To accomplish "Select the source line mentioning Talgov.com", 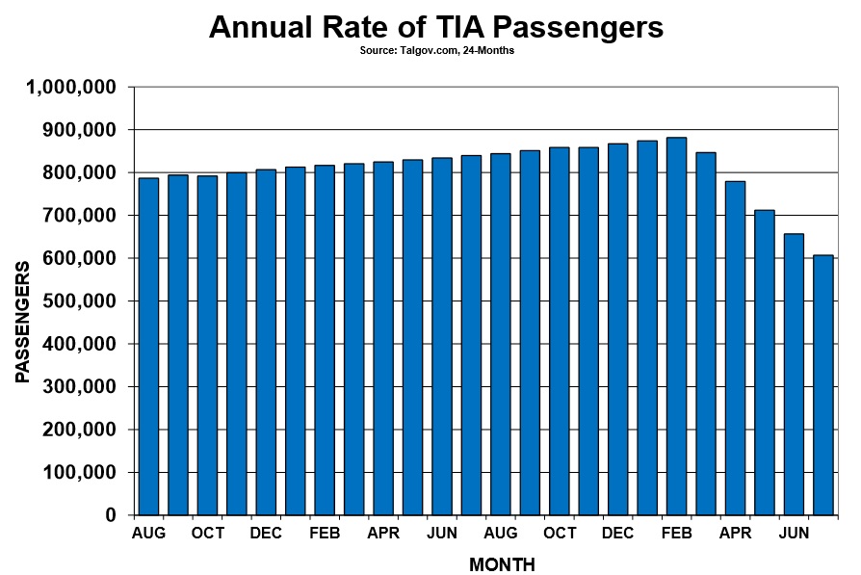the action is tap(437, 50).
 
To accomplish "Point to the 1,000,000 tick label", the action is tap(71, 87).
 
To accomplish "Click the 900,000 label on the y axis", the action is tap(80, 130).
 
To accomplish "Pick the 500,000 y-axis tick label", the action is tap(80, 301).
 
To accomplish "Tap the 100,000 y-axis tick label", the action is tap(80, 472).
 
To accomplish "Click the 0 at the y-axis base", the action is tap(112, 515).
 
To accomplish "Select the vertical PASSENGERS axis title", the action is tap(22, 323).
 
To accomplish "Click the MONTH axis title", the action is tap(502, 564).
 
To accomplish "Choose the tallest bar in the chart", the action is tap(676, 327).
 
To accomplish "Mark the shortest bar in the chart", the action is tap(823, 385).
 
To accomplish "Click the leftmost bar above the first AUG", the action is tap(148, 347).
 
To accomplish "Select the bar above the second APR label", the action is tap(735, 349).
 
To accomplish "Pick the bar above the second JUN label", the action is tap(794, 375).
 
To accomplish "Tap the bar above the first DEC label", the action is tap(266, 342).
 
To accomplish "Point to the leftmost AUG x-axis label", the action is tap(148, 534).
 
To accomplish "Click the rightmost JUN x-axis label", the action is tap(794, 534).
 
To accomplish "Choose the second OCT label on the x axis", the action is tap(560, 534).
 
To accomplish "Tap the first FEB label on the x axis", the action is tap(325, 534).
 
